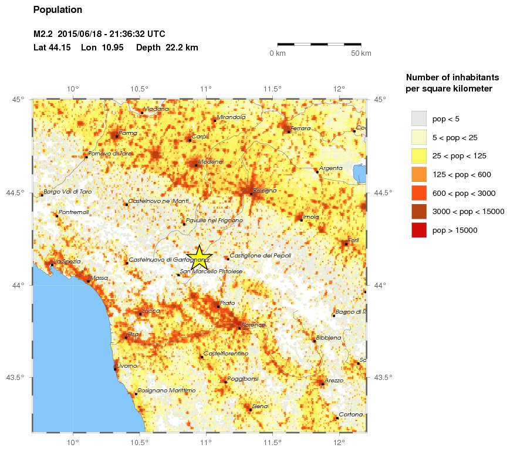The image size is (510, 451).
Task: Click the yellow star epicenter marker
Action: tap(199, 256)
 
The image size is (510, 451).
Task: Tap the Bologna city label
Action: tap(265, 190)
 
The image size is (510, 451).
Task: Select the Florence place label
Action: tap(253, 324)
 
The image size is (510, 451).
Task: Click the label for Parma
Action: tap(127, 133)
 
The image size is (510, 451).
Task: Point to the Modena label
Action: tap(210, 162)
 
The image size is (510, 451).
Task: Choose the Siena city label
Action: tap(259, 406)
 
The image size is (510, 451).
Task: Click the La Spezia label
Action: tap(66, 261)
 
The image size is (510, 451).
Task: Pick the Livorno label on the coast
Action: tap(127, 366)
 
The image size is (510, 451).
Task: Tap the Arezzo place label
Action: tap(333, 381)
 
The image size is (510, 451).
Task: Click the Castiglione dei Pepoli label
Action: tap(260, 256)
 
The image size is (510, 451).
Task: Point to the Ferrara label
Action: tap(300, 128)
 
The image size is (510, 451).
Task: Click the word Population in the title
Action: tap(58, 10)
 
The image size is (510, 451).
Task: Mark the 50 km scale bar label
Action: tap(361, 53)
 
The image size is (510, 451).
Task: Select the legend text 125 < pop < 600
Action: tap(461, 174)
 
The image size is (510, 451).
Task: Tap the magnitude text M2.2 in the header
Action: tap(43, 34)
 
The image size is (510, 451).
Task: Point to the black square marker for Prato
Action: tap(218, 306)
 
